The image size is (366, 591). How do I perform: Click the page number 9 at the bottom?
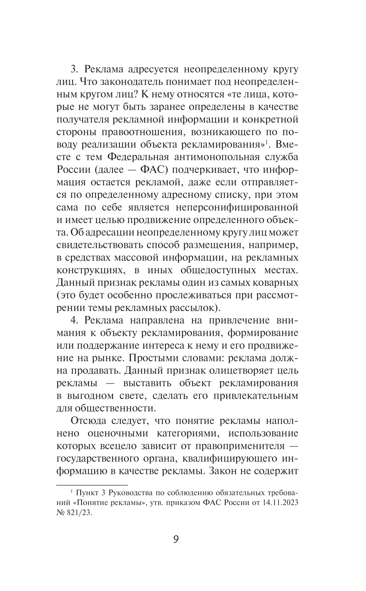(x=176, y=539)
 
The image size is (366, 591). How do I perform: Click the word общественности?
(x=117, y=408)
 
